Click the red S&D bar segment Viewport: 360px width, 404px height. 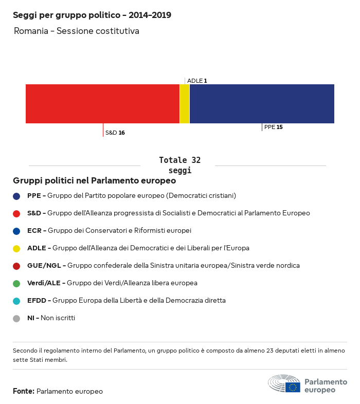click(x=102, y=104)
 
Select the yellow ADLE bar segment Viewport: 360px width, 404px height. click(x=185, y=104)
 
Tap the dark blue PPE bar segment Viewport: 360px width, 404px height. click(x=262, y=104)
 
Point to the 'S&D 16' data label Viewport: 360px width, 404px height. click(x=115, y=133)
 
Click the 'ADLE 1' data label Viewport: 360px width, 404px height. click(x=197, y=81)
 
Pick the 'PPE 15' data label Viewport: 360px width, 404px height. click(x=273, y=127)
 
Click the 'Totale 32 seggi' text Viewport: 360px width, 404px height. click(x=179, y=165)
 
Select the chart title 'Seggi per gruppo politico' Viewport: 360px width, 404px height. click(x=92, y=15)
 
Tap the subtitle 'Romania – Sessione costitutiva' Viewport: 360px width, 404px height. click(x=77, y=31)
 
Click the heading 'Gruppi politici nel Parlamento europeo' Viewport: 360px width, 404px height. click(x=95, y=181)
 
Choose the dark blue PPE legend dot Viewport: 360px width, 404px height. click(x=16, y=196)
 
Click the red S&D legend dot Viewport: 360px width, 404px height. click(x=16, y=213)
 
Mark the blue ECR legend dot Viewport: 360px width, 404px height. click(x=16, y=231)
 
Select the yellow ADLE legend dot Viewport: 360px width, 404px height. click(x=16, y=248)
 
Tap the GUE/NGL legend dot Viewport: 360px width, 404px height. click(x=16, y=266)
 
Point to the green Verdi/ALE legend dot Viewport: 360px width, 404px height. click(x=16, y=283)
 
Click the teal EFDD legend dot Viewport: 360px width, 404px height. click(x=16, y=301)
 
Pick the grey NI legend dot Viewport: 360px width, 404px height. click(x=16, y=318)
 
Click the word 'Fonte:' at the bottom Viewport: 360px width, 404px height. click(x=24, y=391)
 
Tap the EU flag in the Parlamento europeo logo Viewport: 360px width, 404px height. click(x=293, y=387)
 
